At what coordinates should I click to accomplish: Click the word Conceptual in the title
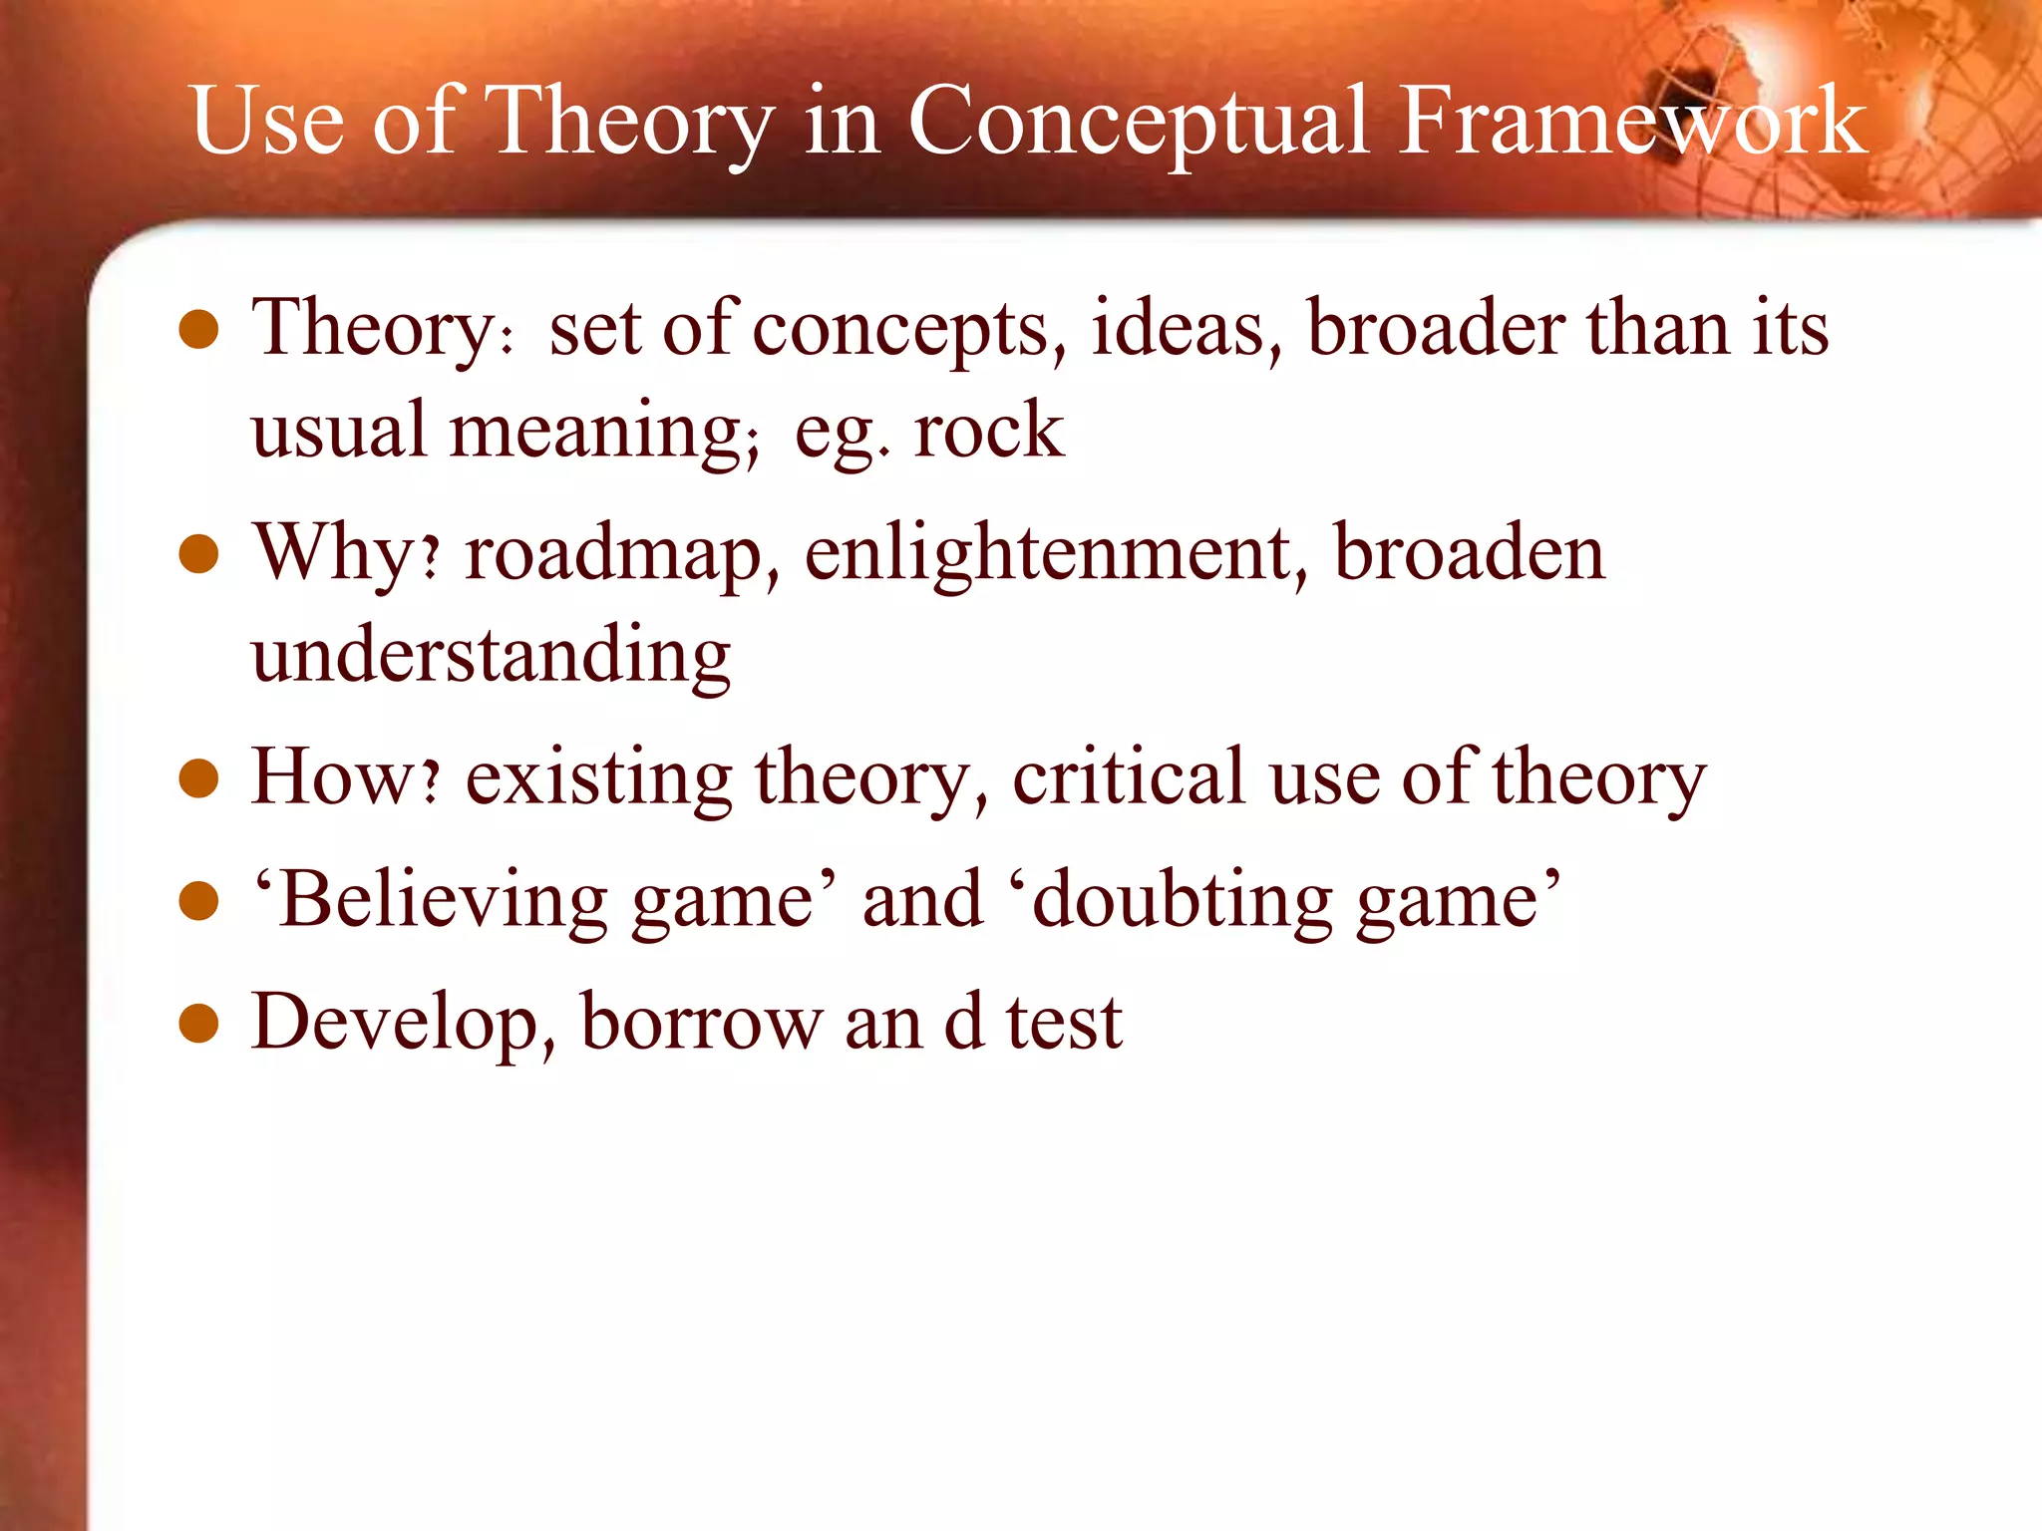pos(1139,125)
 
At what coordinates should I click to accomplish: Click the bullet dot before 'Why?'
pos(199,554)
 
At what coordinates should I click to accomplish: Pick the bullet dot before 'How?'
pos(199,778)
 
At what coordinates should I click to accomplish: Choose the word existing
pos(598,779)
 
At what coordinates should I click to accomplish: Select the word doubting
pos(1181,902)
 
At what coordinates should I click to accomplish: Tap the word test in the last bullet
pos(1064,1025)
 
